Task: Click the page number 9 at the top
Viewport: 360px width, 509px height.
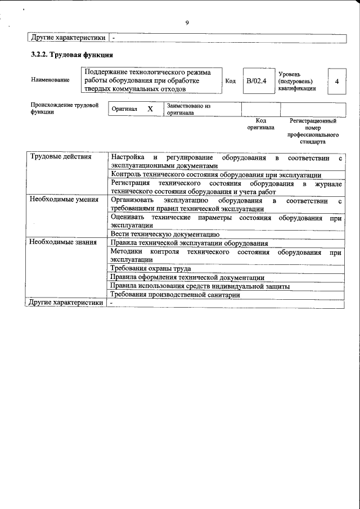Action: pyautogui.click(x=187, y=23)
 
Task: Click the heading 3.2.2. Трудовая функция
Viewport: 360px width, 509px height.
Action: pyautogui.click(x=72, y=55)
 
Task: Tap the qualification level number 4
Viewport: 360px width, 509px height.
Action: pyautogui.click(x=336, y=82)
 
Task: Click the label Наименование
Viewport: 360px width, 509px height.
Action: pyautogui.click(x=51, y=80)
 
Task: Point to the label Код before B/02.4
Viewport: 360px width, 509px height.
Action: pyautogui.click(x=230, y=81)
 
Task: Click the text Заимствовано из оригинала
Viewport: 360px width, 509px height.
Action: pyautogui.click(x=188, y=109)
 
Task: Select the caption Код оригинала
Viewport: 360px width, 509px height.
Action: pyautogui.click(x=260, y=124)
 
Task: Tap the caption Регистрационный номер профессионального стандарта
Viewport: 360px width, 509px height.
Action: pyautogui.click(x=313, y=132)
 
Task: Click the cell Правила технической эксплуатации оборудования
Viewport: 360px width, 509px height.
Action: pyautogui.click(x=189, y=243)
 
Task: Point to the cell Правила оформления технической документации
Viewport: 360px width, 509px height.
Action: pyautogui.click(x=187, y=277)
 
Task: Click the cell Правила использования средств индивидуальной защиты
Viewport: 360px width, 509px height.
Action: pyautogui.click(x=200, y=286)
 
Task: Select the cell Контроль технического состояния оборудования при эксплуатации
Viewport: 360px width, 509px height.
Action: pyautogui.click(x=216, y=174)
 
